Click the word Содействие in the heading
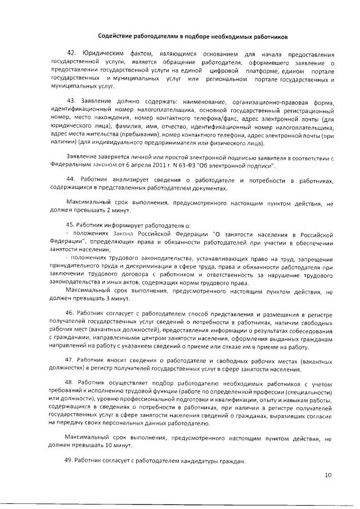pos(114,37)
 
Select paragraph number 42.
pos(71,54)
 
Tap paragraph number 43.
pos(71,101)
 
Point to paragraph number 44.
pos(71,179)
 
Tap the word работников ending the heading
pos(267,37)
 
